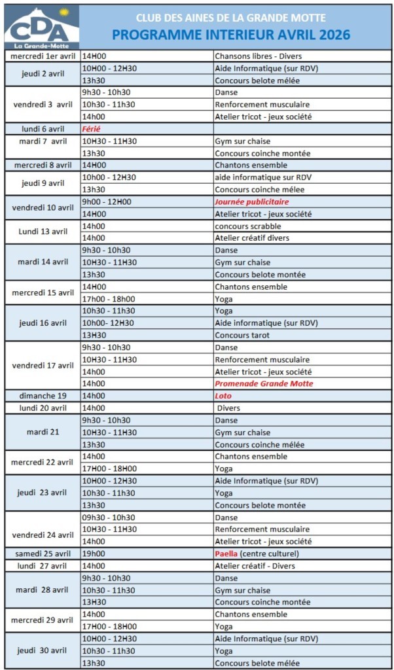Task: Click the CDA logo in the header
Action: pos(41,27)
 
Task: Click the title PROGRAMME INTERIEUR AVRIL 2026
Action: pos(230,35)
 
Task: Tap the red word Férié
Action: pos(91,129)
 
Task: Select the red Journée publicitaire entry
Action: pos(251,202)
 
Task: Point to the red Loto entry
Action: pos(223,396)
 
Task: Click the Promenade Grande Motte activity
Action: pos(264,383)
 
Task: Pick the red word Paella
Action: pos(226,554)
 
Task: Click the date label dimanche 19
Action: pos(43,396)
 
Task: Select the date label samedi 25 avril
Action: pos(43,554)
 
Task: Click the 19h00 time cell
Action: pos(93,554)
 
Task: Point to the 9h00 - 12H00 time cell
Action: pos(106,202)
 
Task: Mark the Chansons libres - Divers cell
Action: pos(258,56)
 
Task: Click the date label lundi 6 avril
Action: pos(43,129)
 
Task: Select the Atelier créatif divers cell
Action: pos(252,238)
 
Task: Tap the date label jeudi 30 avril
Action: pos(43,650)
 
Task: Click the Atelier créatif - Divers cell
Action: pos(255,566)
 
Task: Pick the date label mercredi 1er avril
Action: pos(43,56)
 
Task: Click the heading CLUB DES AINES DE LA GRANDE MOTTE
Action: pos(230,18)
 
